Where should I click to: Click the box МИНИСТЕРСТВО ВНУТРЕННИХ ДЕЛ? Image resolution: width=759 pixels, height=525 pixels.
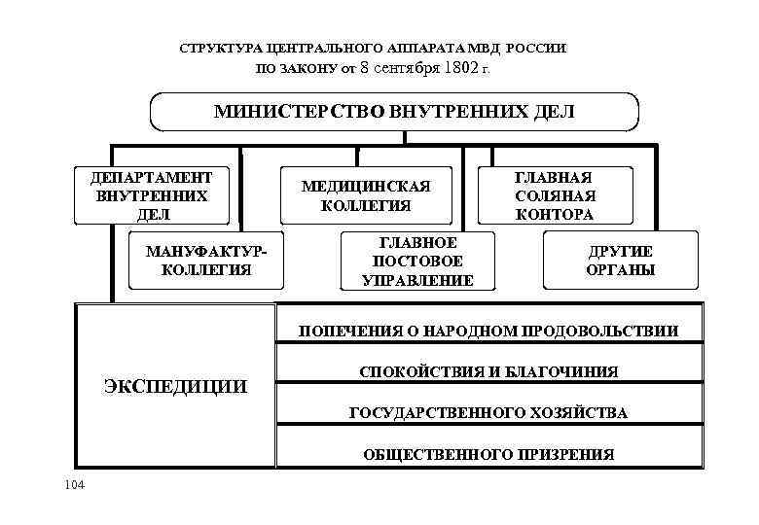393,112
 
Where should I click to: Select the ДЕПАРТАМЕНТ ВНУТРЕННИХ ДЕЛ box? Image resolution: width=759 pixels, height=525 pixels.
152,196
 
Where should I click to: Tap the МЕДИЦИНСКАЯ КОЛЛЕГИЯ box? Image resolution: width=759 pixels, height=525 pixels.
366,195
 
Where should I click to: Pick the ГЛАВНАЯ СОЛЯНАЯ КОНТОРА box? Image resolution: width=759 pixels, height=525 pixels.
556,195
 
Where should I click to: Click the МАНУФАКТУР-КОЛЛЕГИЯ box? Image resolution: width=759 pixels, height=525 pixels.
199,260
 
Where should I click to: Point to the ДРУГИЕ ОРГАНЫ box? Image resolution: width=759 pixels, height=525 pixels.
620,260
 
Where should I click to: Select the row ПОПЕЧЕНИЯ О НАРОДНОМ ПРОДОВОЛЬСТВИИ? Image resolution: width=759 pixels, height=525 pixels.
488,331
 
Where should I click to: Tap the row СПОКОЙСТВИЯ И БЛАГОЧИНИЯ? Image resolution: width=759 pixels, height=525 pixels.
488,371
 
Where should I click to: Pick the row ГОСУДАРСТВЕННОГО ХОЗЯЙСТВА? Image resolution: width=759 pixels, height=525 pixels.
488,413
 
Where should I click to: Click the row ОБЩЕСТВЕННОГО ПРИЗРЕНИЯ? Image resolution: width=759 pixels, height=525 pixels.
488,454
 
